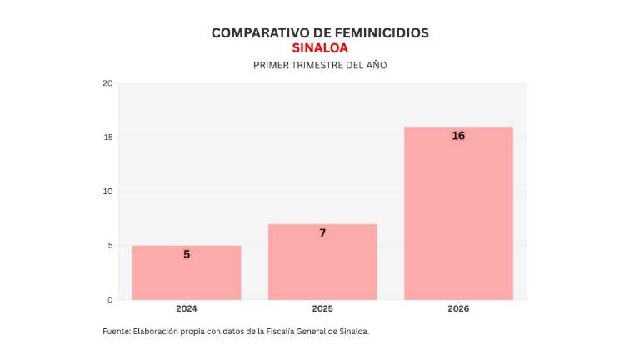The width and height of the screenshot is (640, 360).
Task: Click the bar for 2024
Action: tap(187, 272)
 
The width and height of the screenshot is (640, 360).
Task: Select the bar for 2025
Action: tap(322, 262)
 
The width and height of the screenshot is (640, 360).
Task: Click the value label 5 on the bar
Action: tap(187, 254)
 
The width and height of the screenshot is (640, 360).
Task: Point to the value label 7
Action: tap(322, 233)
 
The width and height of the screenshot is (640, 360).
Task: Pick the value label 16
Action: tap(458, 136)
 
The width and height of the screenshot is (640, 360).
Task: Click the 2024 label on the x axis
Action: tap(187, 309)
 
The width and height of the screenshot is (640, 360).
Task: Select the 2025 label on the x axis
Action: tap(322, 309)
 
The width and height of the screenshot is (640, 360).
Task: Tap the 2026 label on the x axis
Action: tap(458, 309)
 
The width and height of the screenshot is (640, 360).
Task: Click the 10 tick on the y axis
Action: tap(107, 192)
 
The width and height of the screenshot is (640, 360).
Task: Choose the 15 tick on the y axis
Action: tap(107, 137)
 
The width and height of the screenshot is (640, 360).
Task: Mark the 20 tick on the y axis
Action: tap(107, 83)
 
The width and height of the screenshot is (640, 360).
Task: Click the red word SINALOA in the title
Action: tap(320, 48)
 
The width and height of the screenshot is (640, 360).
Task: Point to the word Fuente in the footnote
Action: tap(117, 332)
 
